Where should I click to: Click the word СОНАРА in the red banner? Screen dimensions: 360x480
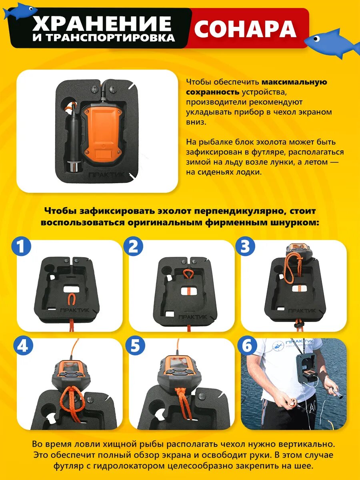coord(245,29)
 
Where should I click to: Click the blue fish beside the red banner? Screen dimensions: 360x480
coord(331,44)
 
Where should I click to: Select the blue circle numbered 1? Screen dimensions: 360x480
coord(21,246)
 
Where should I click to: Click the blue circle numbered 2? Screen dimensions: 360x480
coord(133,246)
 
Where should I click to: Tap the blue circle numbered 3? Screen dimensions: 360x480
coord(245,246)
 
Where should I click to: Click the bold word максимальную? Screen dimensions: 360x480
coord(294,82)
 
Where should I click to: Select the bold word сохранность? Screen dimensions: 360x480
coord(213,92)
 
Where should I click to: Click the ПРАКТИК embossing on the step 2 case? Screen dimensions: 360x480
coord(192,317)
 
